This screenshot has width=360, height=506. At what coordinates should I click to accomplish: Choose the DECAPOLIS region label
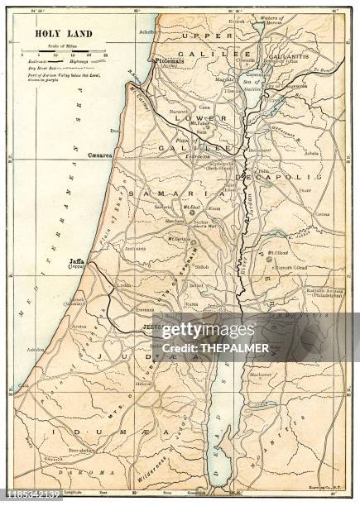[274, 177]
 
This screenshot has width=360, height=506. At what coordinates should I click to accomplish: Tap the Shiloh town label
[202, 267]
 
